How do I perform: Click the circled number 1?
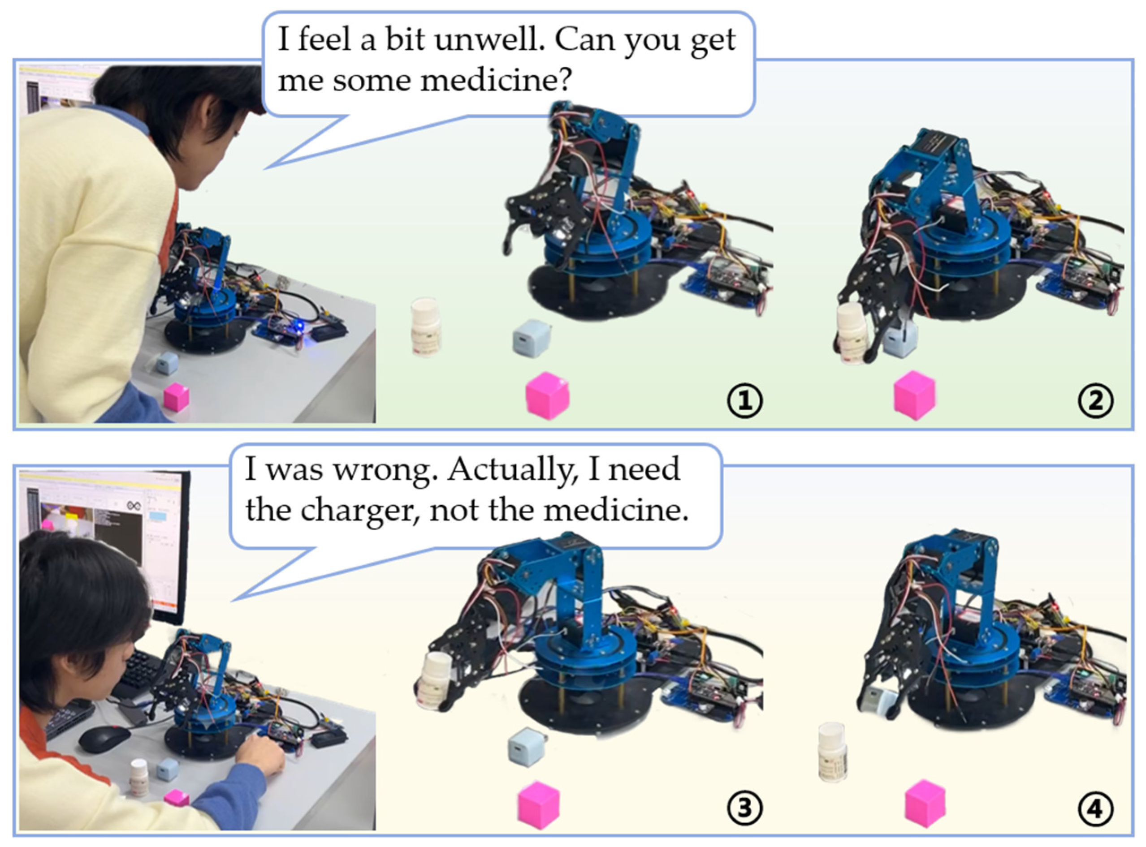click(745, 400)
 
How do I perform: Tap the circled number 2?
click(1096, 400)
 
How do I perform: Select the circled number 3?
click(745, 808)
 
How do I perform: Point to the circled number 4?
click(1096, 808)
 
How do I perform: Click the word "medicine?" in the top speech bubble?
click(424, 81)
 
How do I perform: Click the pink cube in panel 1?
click(547, 396)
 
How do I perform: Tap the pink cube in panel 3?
click(538, 804)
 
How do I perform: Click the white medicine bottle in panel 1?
click(425, 327)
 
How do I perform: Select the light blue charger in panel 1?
click(532, 338)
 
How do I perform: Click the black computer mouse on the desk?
click(104, 738)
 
